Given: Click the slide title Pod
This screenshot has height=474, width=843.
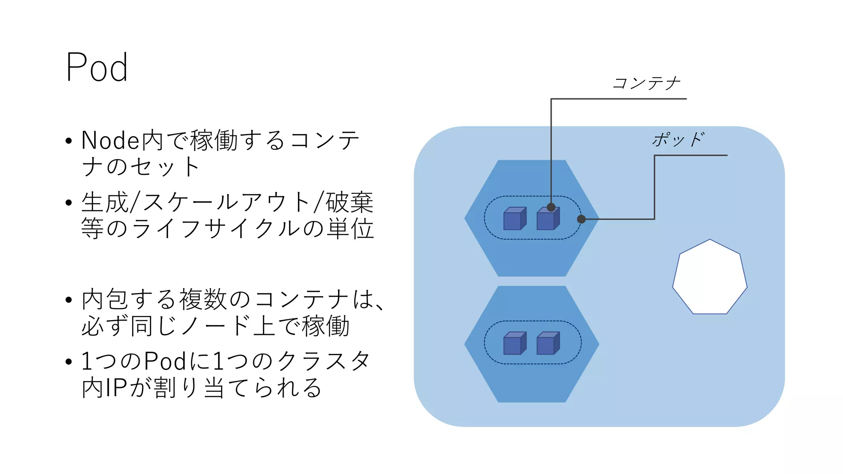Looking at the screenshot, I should coord(97,67).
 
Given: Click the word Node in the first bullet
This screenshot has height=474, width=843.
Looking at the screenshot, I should coord(110,140).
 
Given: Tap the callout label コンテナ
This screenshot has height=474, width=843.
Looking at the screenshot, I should coord(646,83).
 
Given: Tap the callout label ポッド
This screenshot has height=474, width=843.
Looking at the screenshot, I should coord(678,139).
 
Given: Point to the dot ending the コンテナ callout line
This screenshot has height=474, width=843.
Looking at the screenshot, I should coord(551,207).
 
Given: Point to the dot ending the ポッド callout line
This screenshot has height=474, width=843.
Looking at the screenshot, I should coord(581,219).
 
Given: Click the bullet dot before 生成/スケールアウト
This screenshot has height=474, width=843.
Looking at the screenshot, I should coord(69,202).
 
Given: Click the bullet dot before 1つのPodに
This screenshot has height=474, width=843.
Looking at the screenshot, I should coord(69,362).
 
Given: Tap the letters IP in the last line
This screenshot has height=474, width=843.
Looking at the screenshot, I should coord(116,388).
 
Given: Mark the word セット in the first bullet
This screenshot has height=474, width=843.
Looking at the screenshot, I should coord(165,167).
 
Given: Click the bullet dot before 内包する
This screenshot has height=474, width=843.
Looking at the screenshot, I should coord(69,300).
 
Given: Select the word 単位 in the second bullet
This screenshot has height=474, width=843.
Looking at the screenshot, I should coord(350,229).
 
